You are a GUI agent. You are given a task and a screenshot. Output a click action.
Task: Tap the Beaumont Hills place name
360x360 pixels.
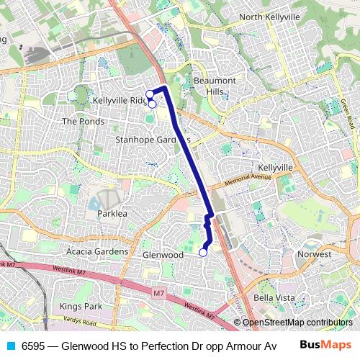[214, 86]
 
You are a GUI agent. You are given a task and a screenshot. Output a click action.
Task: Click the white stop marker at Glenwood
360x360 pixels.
[203, 252]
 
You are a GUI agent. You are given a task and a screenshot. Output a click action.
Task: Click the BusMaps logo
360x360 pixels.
[326, 345]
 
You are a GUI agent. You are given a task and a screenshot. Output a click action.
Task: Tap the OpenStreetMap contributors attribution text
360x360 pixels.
[297, 323]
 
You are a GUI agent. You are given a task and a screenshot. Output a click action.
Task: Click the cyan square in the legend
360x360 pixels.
[10, 346]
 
